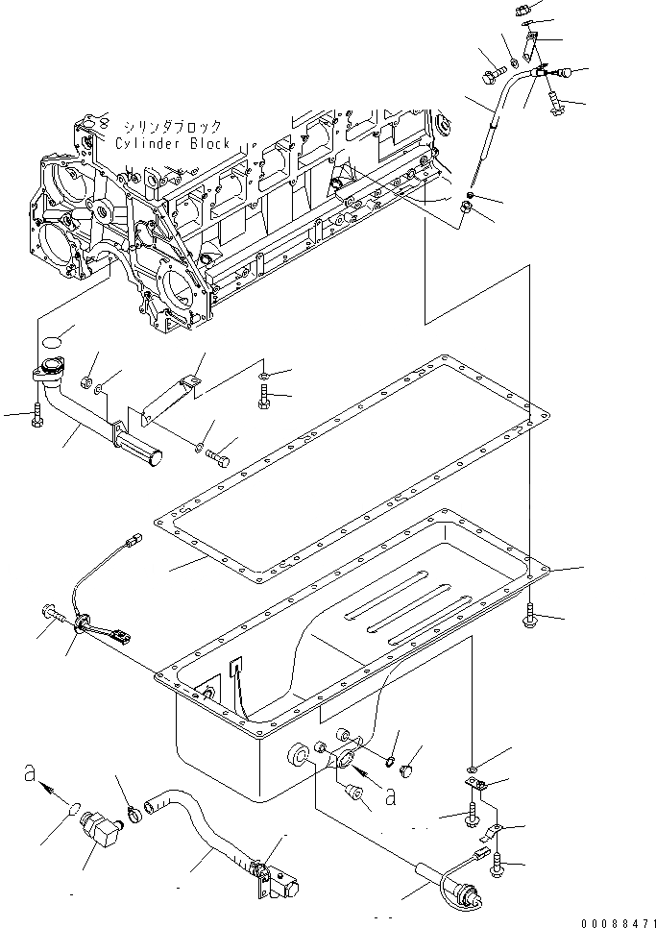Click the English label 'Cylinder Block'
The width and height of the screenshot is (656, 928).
[172, 143]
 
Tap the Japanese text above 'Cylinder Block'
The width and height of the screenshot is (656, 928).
[172, 127]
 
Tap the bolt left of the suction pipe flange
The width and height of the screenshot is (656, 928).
[36, 416]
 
